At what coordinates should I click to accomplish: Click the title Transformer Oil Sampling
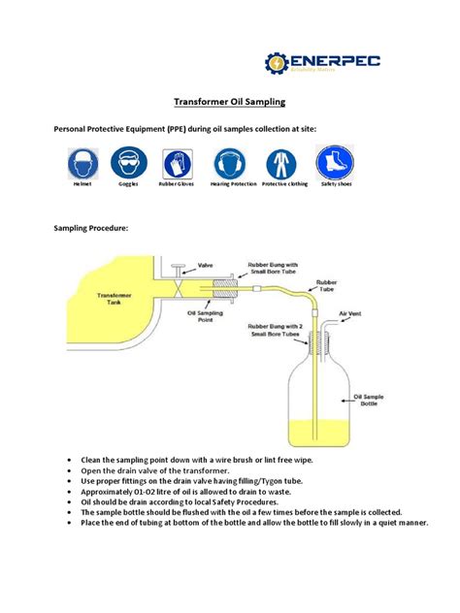point(229,100)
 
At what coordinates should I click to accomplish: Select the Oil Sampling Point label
point(207,316)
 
